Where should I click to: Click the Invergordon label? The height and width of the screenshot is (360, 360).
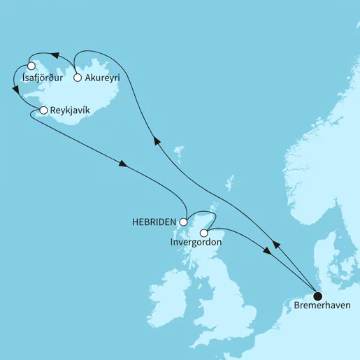(x=196, y=242)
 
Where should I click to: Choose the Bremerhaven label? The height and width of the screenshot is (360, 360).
(x=318, y=305)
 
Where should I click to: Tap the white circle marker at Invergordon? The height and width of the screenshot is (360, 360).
(x=203, y=232)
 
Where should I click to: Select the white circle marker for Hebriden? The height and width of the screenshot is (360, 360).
(x=184, y=222)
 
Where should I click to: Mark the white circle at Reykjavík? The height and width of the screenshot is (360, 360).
(x=43, y=110)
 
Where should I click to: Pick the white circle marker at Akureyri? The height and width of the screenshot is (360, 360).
(x=78, y=78)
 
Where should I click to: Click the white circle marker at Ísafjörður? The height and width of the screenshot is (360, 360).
(x=31, y=67)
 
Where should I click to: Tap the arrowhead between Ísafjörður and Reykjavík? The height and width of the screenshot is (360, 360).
(x=16, y=89)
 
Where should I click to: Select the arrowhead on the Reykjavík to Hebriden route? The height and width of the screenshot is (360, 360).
(x=123, y=165)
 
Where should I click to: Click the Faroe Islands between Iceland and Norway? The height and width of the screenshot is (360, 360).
(x=180, y=150)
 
